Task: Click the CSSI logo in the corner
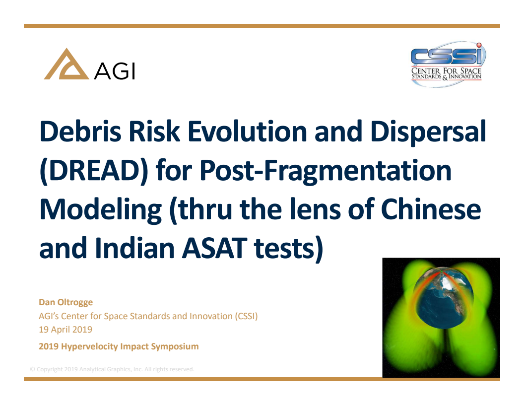(x=446, y=65)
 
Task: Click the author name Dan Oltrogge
(x=65, y=302)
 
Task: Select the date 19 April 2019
(x=65, y=329)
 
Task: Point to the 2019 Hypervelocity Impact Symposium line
(x=119, y=346)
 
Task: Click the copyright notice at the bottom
(x=112, y=369)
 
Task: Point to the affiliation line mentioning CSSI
(x=148, y=316)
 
